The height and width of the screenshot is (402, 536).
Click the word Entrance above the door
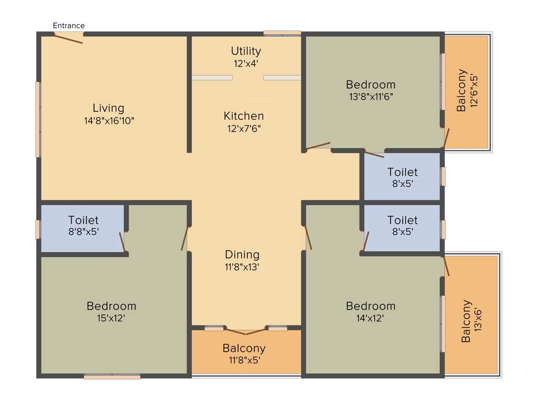[x=69, y=25]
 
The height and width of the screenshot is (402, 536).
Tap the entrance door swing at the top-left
[x=69, y=38]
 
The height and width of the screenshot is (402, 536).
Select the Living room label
[x=108, y=108]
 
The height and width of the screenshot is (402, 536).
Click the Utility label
[x=246, y=51]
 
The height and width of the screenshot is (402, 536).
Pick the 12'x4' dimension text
[x=246, y=63]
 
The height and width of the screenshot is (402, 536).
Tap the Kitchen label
[x=243, y=116]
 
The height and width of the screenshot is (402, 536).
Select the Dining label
[x=242, y=254]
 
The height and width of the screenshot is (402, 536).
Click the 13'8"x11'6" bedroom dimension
[x=371, y=96]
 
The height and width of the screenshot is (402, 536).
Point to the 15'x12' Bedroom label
[x=111, y=306]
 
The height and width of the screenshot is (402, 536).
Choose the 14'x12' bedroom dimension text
[x=371, y=318]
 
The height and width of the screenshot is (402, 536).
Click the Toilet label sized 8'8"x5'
[x=83, y=220]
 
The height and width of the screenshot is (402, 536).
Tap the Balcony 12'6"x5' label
[x=461, y=90]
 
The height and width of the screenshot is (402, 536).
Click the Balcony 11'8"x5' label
[x=244, y=348]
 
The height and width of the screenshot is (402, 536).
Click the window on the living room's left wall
[x=38, y=119]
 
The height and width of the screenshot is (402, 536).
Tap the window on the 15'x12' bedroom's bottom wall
[x=112, y=376]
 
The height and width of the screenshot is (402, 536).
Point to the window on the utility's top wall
[x=282, y=33]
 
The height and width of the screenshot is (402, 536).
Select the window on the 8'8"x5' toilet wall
[x=38, y=229]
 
